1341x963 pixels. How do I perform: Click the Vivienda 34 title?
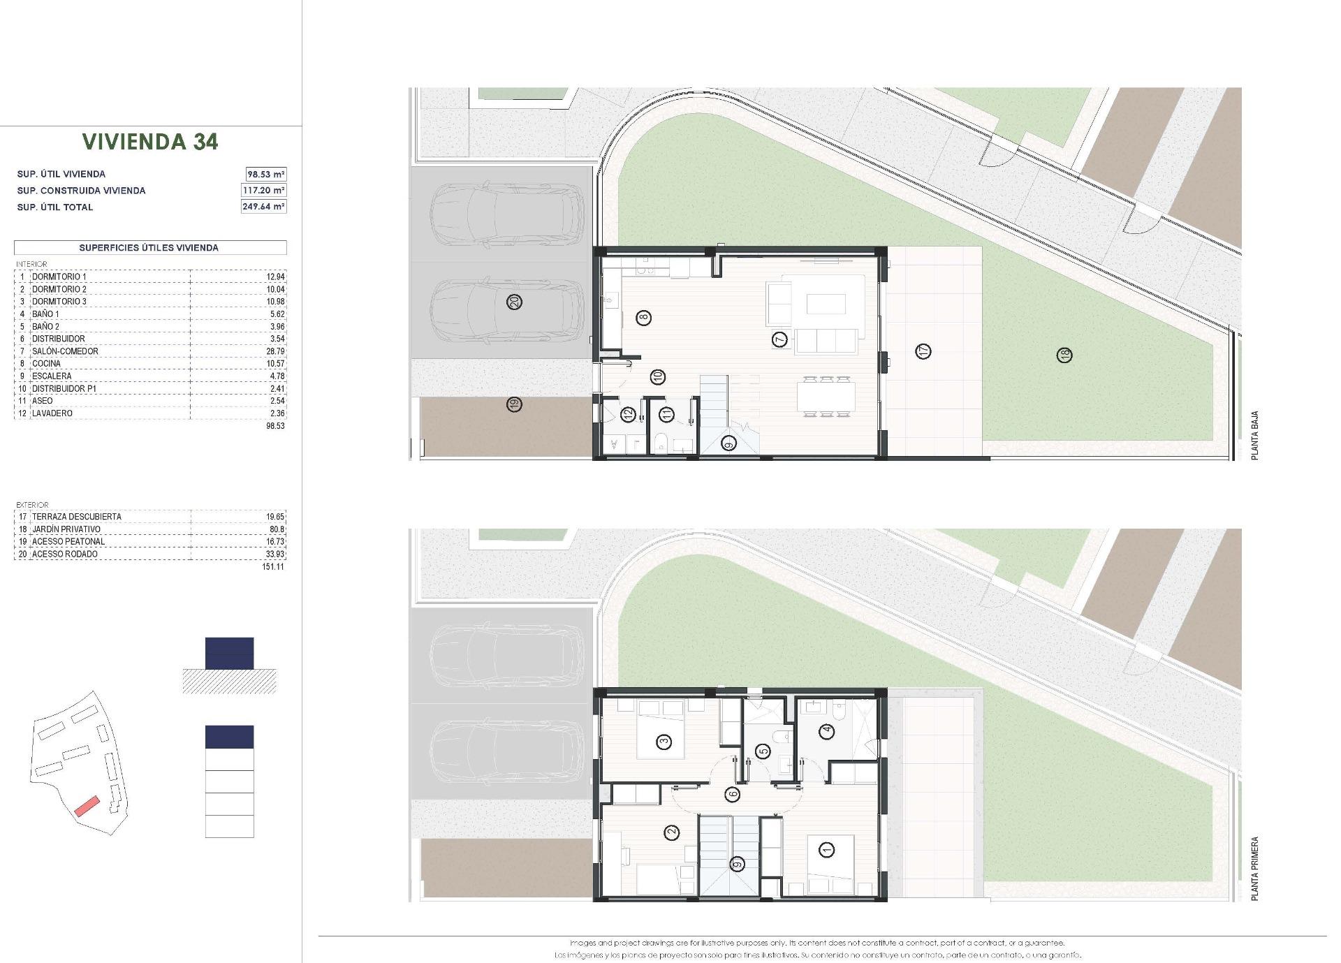tap(150, 142)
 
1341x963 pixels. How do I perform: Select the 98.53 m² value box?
tap(265, 174)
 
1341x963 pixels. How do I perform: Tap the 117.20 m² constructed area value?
tap(265, 190)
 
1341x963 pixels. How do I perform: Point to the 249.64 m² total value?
tap(264, 207)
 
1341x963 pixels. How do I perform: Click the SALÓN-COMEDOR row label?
tap(65, 351)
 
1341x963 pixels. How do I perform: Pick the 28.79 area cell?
tap(275, 351)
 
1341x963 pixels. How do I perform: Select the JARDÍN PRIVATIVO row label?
tap(66, 529)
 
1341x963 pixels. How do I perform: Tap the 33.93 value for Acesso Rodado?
tap(275, 554)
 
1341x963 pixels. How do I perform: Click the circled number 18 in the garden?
tap(1065, 355)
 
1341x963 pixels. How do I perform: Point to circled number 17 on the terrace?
tap(923, 351)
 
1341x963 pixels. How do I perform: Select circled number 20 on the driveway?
tap(515, 302)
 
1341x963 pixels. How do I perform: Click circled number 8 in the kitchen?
tap(643, 318)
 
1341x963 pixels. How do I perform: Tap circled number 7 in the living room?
tap(780, 340)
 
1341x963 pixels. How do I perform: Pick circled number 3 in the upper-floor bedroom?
tap(664, 742)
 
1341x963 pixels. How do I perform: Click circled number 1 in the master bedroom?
tap(828, 850)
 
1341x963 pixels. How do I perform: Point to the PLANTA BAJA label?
tap(1254, 435)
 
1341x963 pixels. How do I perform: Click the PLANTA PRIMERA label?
tap(1254, 869)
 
